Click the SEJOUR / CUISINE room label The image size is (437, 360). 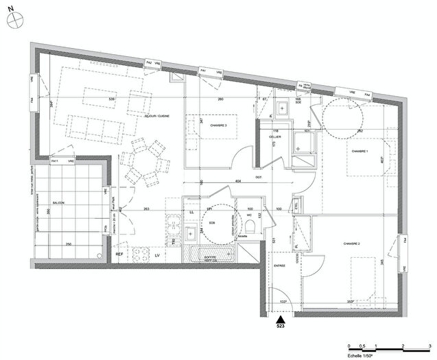click(154, 117)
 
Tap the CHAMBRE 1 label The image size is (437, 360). click(359, 151)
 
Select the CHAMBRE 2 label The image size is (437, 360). click(353, 243)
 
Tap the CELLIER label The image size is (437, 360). click(276, 137)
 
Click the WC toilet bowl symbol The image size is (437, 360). click(252, 231)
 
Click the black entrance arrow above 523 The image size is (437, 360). click(280, 319)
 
